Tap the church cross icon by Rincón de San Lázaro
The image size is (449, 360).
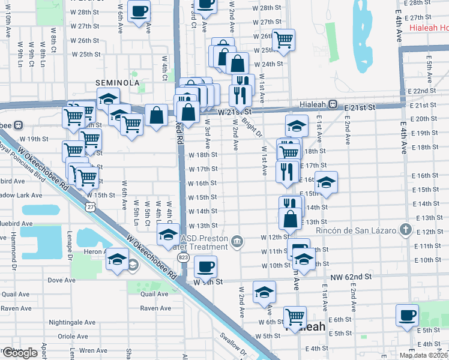pyautogui.click(x=406, y=230)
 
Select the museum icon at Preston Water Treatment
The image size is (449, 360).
pyautogui.click(x=238, y=241)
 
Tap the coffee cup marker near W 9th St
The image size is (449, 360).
pyautogui.click(x=205, y=266)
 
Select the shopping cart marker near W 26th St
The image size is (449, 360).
pyautogui.click(x=284, y=40)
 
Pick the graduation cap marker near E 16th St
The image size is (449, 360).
pyautogui.click(x=326, y=182)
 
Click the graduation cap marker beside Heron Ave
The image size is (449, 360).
pyautogui.click(x=117, y=260)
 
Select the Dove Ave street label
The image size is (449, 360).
pyautogui.click(x=62, y=280)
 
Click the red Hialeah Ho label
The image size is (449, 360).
pyautogui.click(x=428, y=28)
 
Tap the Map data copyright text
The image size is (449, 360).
pyautogui.click(x=424, y=355)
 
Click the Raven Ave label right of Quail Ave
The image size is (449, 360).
pyautogui.click(x=155, y=308)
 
